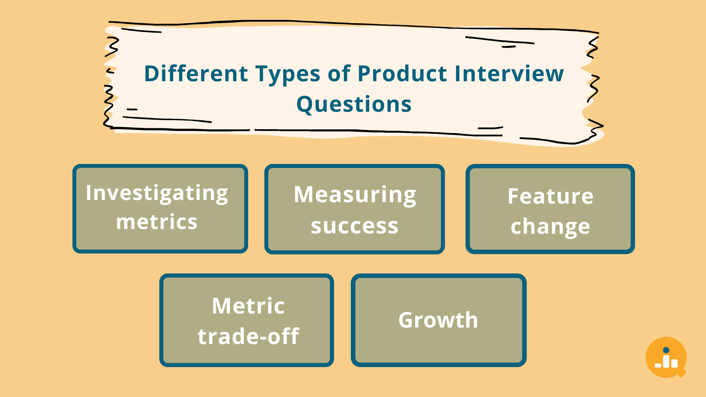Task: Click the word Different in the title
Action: [196, 74]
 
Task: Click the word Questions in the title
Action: [354, 104]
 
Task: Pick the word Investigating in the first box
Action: [157, 193]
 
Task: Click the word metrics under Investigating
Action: [157, 222]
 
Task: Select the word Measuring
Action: [355, 195]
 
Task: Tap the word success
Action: [354, 226]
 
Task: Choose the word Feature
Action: [550, 196]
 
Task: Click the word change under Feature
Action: [550, 227]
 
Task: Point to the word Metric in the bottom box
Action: [248, 306]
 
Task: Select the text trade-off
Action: [248, 336]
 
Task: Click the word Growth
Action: [438, 320]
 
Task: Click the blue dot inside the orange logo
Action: [666, 350]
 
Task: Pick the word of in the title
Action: [339, 74]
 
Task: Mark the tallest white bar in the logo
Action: [666, 361]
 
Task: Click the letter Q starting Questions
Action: [305, 104]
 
